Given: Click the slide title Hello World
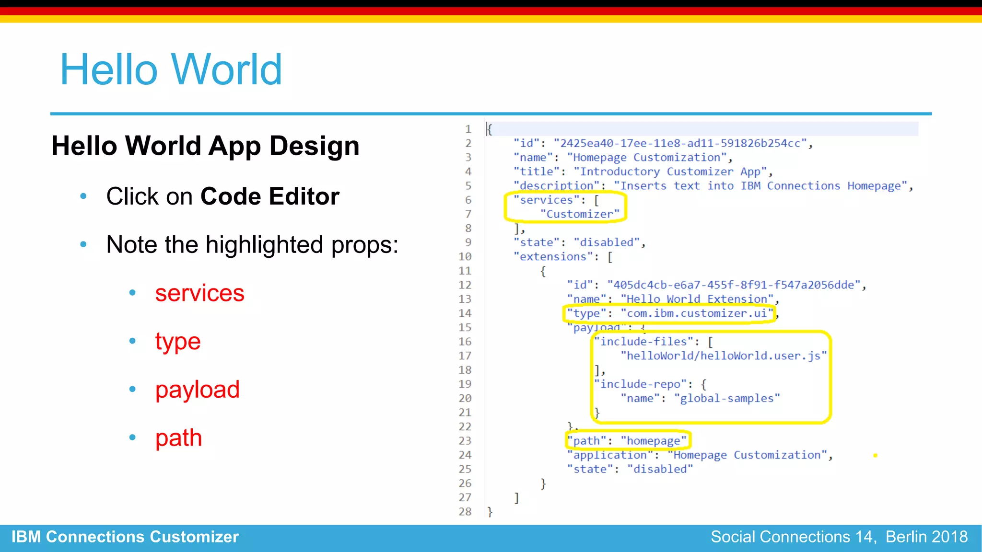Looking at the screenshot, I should coord(171,70).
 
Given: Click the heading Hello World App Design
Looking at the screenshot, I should coord(205,146).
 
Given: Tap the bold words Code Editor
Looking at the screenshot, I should coord(269,196).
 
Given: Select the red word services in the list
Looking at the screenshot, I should coord(199,293).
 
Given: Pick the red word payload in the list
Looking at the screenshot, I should coord(197,390).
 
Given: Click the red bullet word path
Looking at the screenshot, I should coord(178,438).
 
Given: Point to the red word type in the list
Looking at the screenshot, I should coord(177,342).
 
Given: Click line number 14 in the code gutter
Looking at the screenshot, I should coord(465,313).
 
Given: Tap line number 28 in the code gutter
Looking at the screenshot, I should coord(465,512).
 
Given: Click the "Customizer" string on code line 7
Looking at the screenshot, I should coord(580,214).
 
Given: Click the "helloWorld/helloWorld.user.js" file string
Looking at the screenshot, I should coord(723,356).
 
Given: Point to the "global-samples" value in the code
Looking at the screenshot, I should coord(727,398).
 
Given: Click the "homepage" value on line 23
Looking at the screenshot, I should coord(654,441).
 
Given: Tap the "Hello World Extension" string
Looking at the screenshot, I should coord(697,299).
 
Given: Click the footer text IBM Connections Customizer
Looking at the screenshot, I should coord(125,537).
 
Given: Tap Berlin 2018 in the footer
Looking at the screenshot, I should coord(926,537).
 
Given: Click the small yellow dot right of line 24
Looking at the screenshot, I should coord(875,456).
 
